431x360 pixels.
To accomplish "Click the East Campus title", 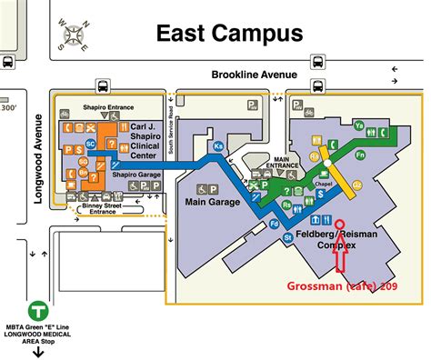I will click(228, 35).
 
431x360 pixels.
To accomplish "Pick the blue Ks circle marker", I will click(218, 146).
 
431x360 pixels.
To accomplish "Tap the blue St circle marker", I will click(288, 237).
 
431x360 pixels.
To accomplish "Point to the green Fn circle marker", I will click(386, 155).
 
